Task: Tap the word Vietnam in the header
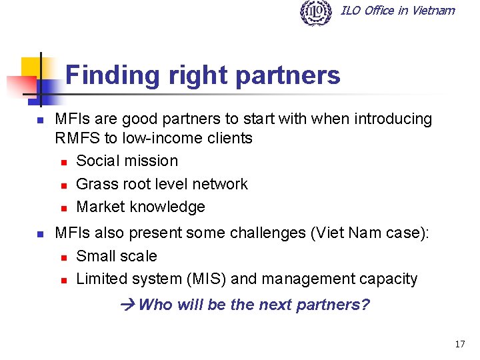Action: click(433, 10)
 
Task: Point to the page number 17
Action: click(459, 344)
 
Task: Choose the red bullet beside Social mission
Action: click(63, 161)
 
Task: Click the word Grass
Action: click(95, 184)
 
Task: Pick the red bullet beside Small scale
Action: click(63, 257)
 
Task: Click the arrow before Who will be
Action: click(129, 305)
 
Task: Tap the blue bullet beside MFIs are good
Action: click(40, 120)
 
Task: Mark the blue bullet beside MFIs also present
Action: click(40, 234)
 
